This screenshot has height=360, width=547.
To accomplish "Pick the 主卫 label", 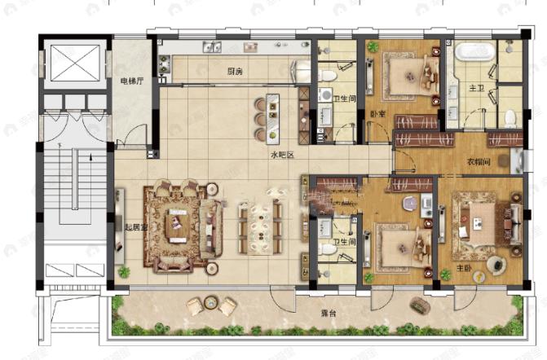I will tap(475, 88).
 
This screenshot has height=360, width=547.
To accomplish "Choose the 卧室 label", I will tap(377, 114).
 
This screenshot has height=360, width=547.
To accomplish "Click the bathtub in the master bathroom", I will tap(474, 54).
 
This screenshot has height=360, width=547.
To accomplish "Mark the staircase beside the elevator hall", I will tap(73, 195).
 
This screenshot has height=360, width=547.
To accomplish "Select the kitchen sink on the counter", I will tap(210, 46).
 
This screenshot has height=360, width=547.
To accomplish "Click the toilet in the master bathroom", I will tap(510, 119).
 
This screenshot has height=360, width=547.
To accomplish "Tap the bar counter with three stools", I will tap(271, 116).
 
